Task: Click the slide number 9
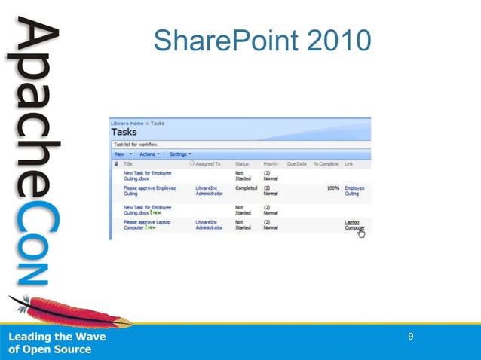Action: pyautogui.click(x=411, y=336)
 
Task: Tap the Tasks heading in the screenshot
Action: pyautogui.click(x=124, y=133)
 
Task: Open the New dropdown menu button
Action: pyautogui.click(x=123, y=154)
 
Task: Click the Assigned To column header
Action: pyautogui.click(x=207, y=163)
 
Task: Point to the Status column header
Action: pyautogui.click(x=242, y=163)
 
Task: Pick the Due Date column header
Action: pyautogui.click(x=296, y=163)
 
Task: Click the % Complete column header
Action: pyautogui.click(x=326, y=163)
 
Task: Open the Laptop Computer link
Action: pyautogui.click(x=354, y=225)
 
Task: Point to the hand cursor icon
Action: pyautogui.click(x=361, y=234)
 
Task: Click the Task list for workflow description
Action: pyautogui.click(x=139, y=144)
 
